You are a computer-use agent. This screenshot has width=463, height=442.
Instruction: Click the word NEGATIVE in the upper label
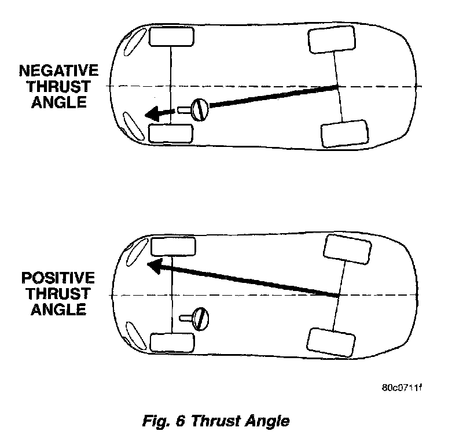(x=58, y=71)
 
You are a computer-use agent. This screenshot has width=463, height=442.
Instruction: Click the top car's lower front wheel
(x=171, y=132)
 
